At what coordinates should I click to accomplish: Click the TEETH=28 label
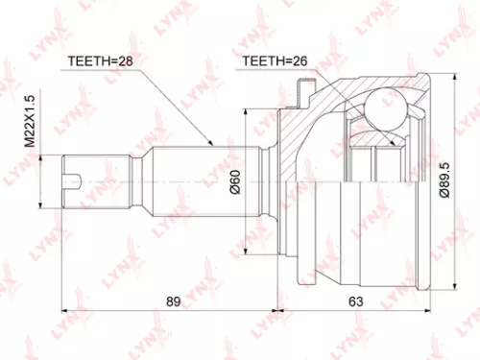99,61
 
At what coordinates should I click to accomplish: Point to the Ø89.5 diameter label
443,180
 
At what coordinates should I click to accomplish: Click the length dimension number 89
172,301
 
